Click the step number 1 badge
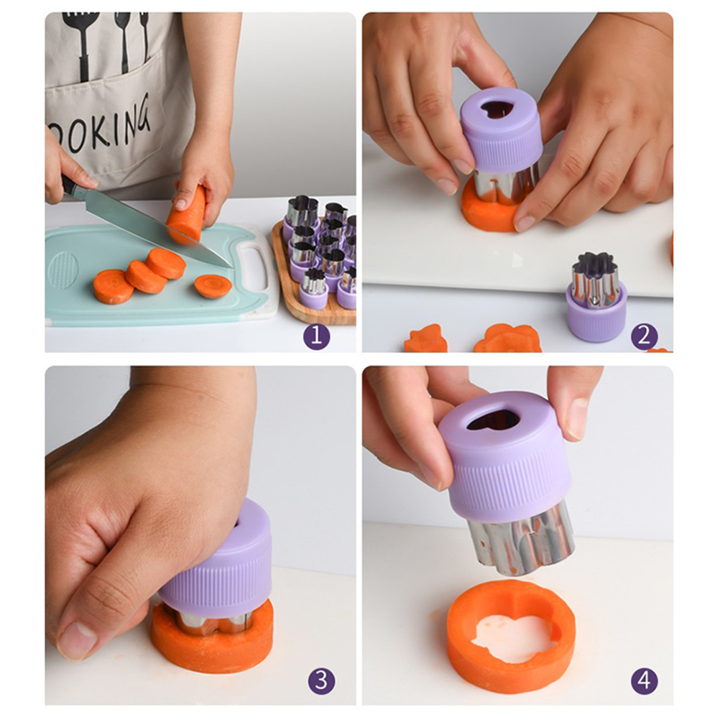[316, 336]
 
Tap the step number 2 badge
[645, 336]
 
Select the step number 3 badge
[322, 680]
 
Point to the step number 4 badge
[645, 680]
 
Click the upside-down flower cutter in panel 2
[596, 296]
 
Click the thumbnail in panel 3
[76, 640]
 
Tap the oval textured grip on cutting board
[63, 269]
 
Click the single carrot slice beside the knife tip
[213, 286]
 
